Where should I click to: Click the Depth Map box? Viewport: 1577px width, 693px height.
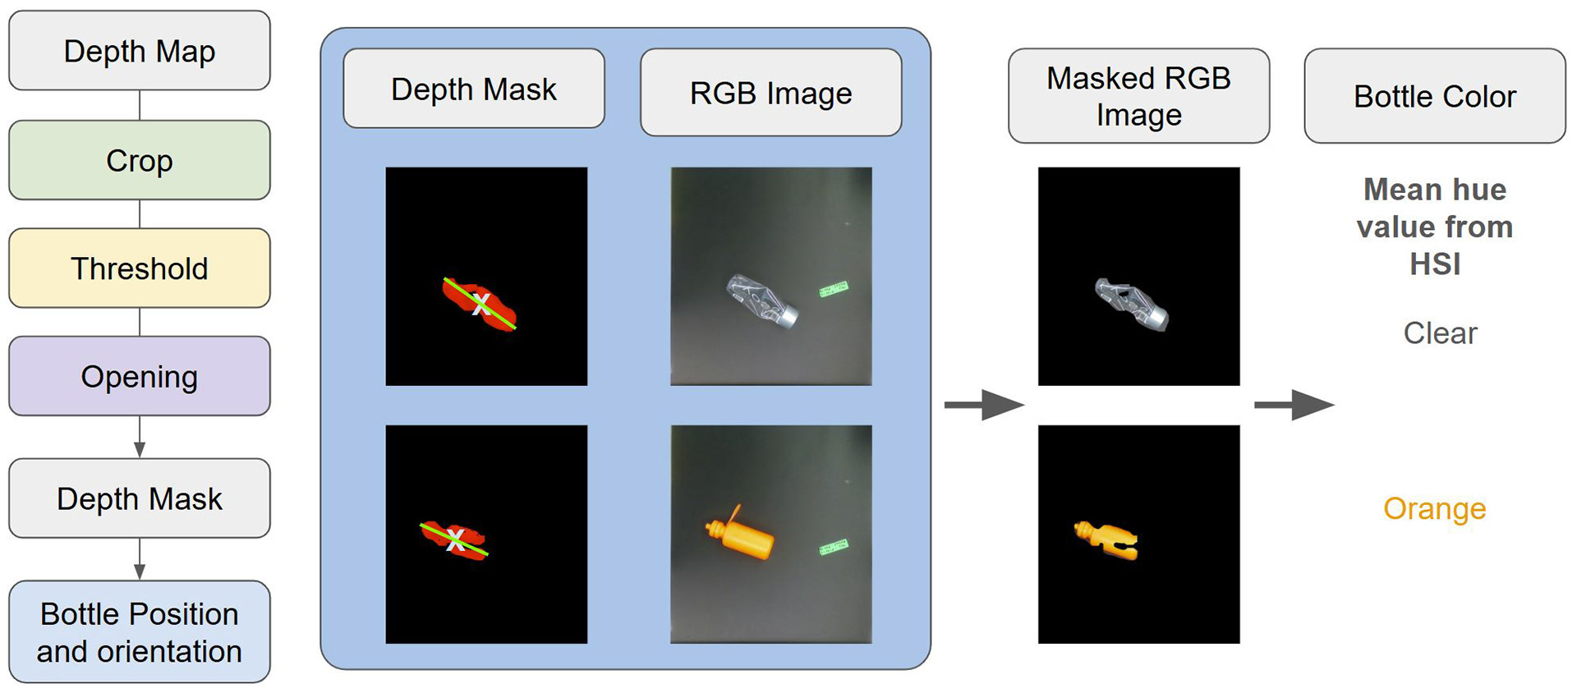click(140, 51)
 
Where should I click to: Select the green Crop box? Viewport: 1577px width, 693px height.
click(140, 160)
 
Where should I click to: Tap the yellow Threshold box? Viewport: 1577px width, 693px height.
click(140, 268)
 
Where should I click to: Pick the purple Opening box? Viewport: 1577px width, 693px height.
click(140, 376)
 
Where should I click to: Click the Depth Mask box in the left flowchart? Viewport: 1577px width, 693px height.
click(140, 498)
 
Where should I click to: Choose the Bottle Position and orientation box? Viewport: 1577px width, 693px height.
click(140, 632)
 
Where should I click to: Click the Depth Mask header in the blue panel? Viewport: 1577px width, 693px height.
click(474, 89)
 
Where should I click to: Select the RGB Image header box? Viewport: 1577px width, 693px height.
click(770, 93)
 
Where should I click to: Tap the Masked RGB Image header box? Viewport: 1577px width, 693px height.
click(1138, 96)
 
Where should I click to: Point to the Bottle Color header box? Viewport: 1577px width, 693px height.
click(1435, 96)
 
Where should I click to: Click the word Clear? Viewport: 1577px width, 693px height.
click(1440, 333)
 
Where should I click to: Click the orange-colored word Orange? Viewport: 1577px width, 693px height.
click(1434, 509)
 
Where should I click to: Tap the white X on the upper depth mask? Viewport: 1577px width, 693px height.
click(481, 305)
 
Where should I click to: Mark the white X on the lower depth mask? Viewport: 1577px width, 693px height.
click(455, 539)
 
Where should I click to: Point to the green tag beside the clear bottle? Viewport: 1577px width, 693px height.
click(833, 289)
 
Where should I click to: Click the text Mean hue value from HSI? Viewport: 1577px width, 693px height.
click(1435, 227)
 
